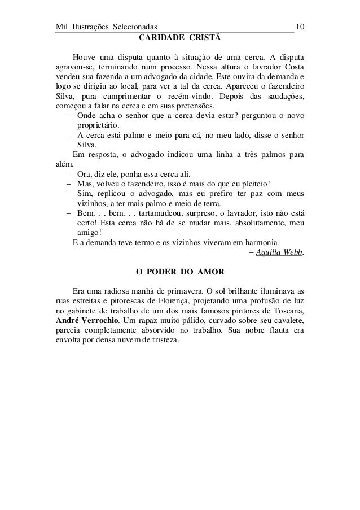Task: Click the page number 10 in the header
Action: (x=300, y=27)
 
